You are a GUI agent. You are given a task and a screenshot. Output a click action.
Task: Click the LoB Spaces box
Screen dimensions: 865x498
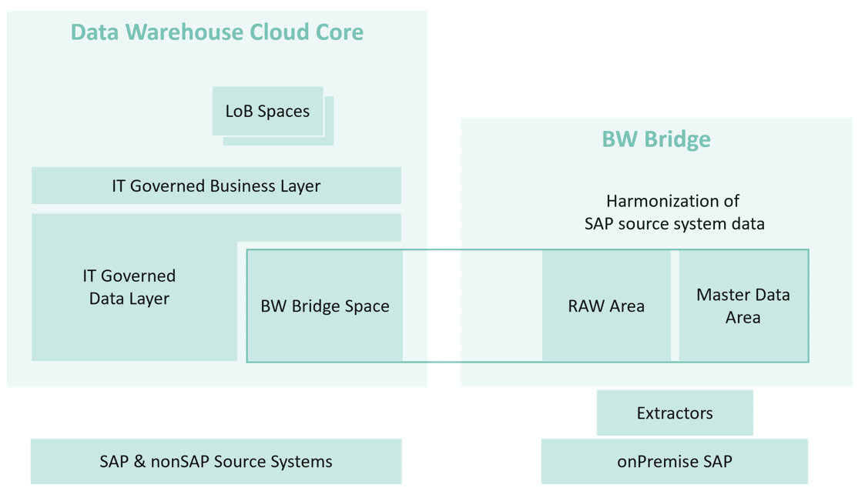coord(267,111)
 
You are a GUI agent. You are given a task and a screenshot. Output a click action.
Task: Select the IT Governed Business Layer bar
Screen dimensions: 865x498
coord(216,185)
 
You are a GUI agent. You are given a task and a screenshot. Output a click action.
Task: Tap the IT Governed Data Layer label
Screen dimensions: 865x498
coord(129,287)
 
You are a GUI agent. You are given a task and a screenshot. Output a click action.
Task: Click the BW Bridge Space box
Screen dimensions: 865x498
coord(325,306)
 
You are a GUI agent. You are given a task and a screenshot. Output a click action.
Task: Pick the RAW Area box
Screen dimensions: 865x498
coord(606,306)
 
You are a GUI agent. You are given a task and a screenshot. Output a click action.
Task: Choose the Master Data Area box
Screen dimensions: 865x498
coord(743,306)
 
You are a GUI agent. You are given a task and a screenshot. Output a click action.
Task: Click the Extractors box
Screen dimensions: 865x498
coord(675,413)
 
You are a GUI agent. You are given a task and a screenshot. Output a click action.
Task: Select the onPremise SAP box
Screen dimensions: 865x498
coord(675,462)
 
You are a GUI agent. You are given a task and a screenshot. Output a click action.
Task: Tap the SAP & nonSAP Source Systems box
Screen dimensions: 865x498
coord(216,462)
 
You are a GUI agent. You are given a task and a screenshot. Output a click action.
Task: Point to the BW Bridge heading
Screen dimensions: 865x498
coord(656,139)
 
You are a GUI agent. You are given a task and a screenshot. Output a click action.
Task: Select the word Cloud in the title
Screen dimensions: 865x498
coord(279,32)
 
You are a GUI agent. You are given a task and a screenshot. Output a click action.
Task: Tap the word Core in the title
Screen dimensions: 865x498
coord(339,32)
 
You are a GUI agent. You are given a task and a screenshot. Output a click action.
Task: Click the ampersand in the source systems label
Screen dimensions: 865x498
coord(139,462)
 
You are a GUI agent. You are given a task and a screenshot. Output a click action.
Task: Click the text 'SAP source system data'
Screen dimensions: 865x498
coord(675,224)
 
